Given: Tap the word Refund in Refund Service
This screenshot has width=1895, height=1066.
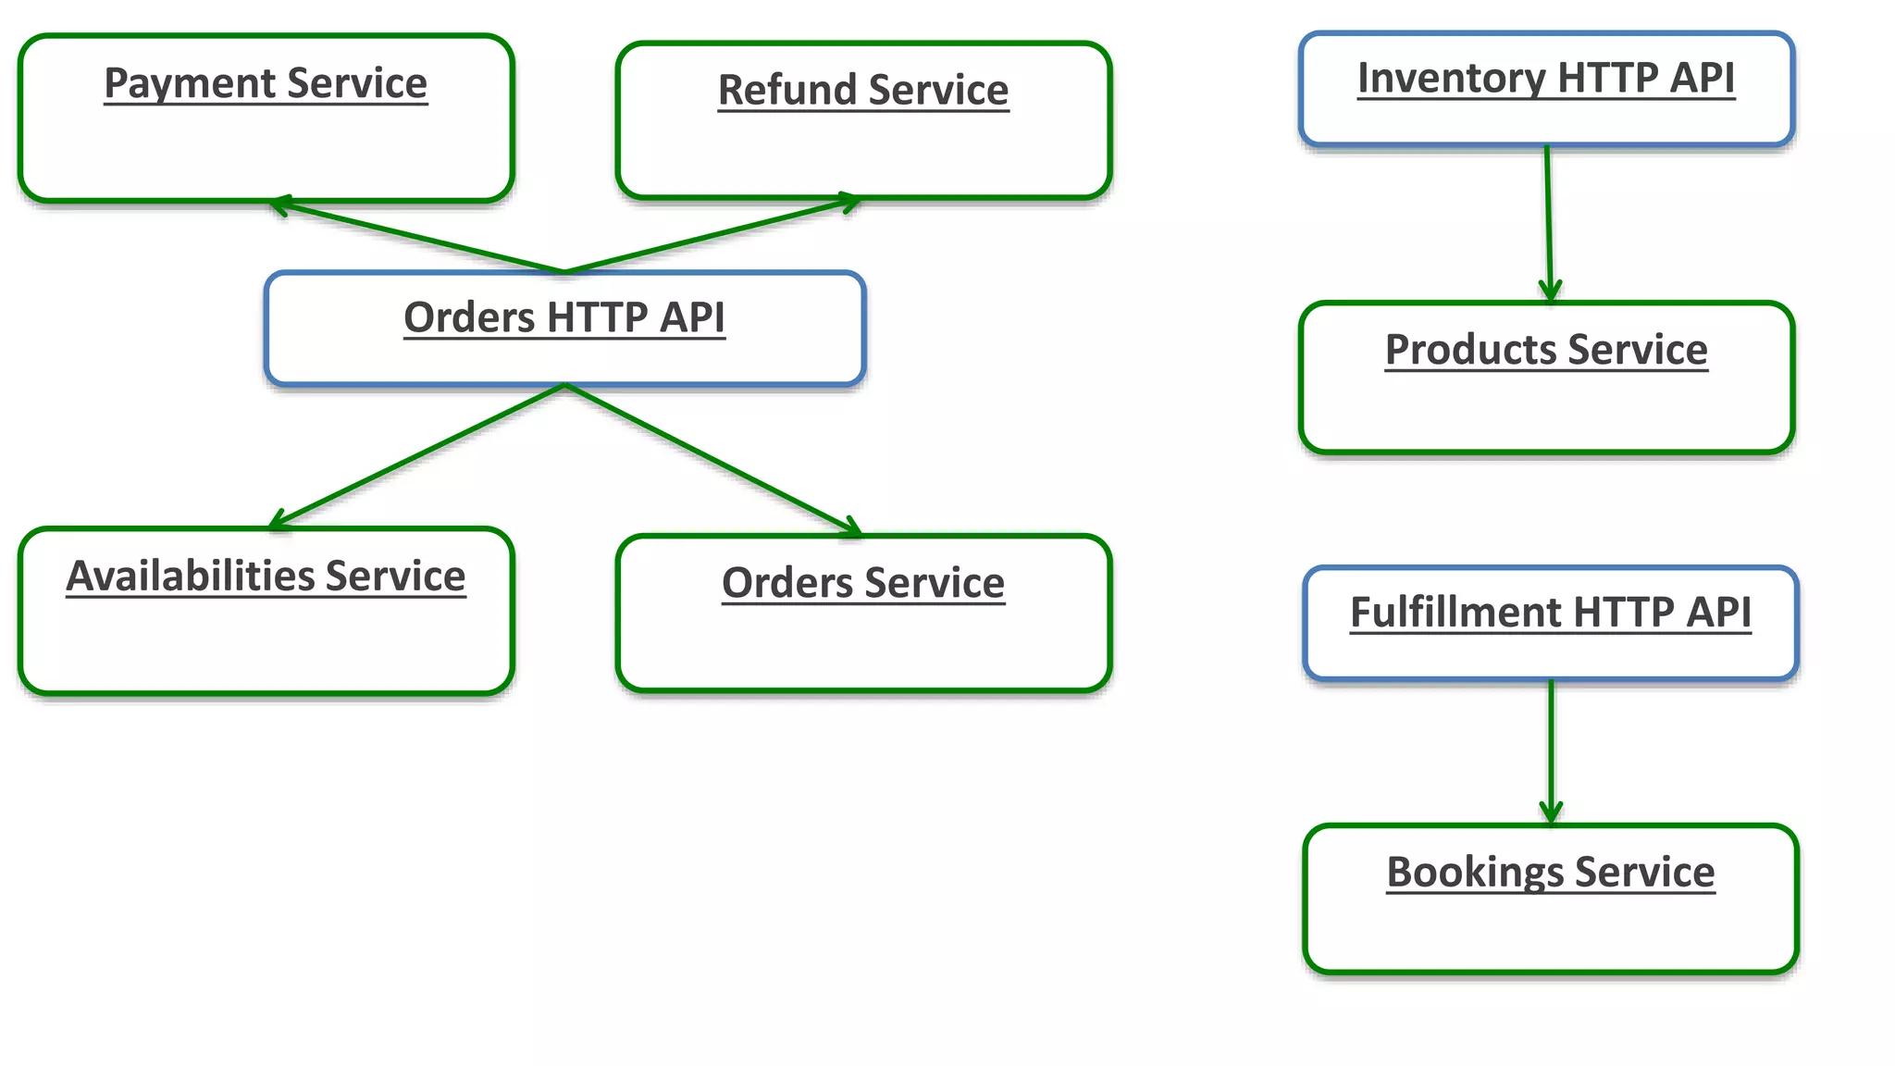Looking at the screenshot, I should (787, 91).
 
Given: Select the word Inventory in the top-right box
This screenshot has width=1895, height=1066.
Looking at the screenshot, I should (1451, 79).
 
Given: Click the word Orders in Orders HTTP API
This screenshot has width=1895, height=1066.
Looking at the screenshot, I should (469, 317).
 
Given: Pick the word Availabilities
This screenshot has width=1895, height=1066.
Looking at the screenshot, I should (190, 576).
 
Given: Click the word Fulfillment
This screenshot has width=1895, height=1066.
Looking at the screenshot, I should (1456, 613).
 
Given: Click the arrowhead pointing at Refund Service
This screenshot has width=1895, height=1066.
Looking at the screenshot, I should (849, 201).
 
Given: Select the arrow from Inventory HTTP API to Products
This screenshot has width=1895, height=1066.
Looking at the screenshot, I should (1548, 222).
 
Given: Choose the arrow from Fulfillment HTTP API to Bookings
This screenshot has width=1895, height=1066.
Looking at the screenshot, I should (1552, 750).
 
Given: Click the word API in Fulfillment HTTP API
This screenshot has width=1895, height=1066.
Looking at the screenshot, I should (1718, 613).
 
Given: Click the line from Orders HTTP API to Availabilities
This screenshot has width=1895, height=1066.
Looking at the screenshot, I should (416, 455).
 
